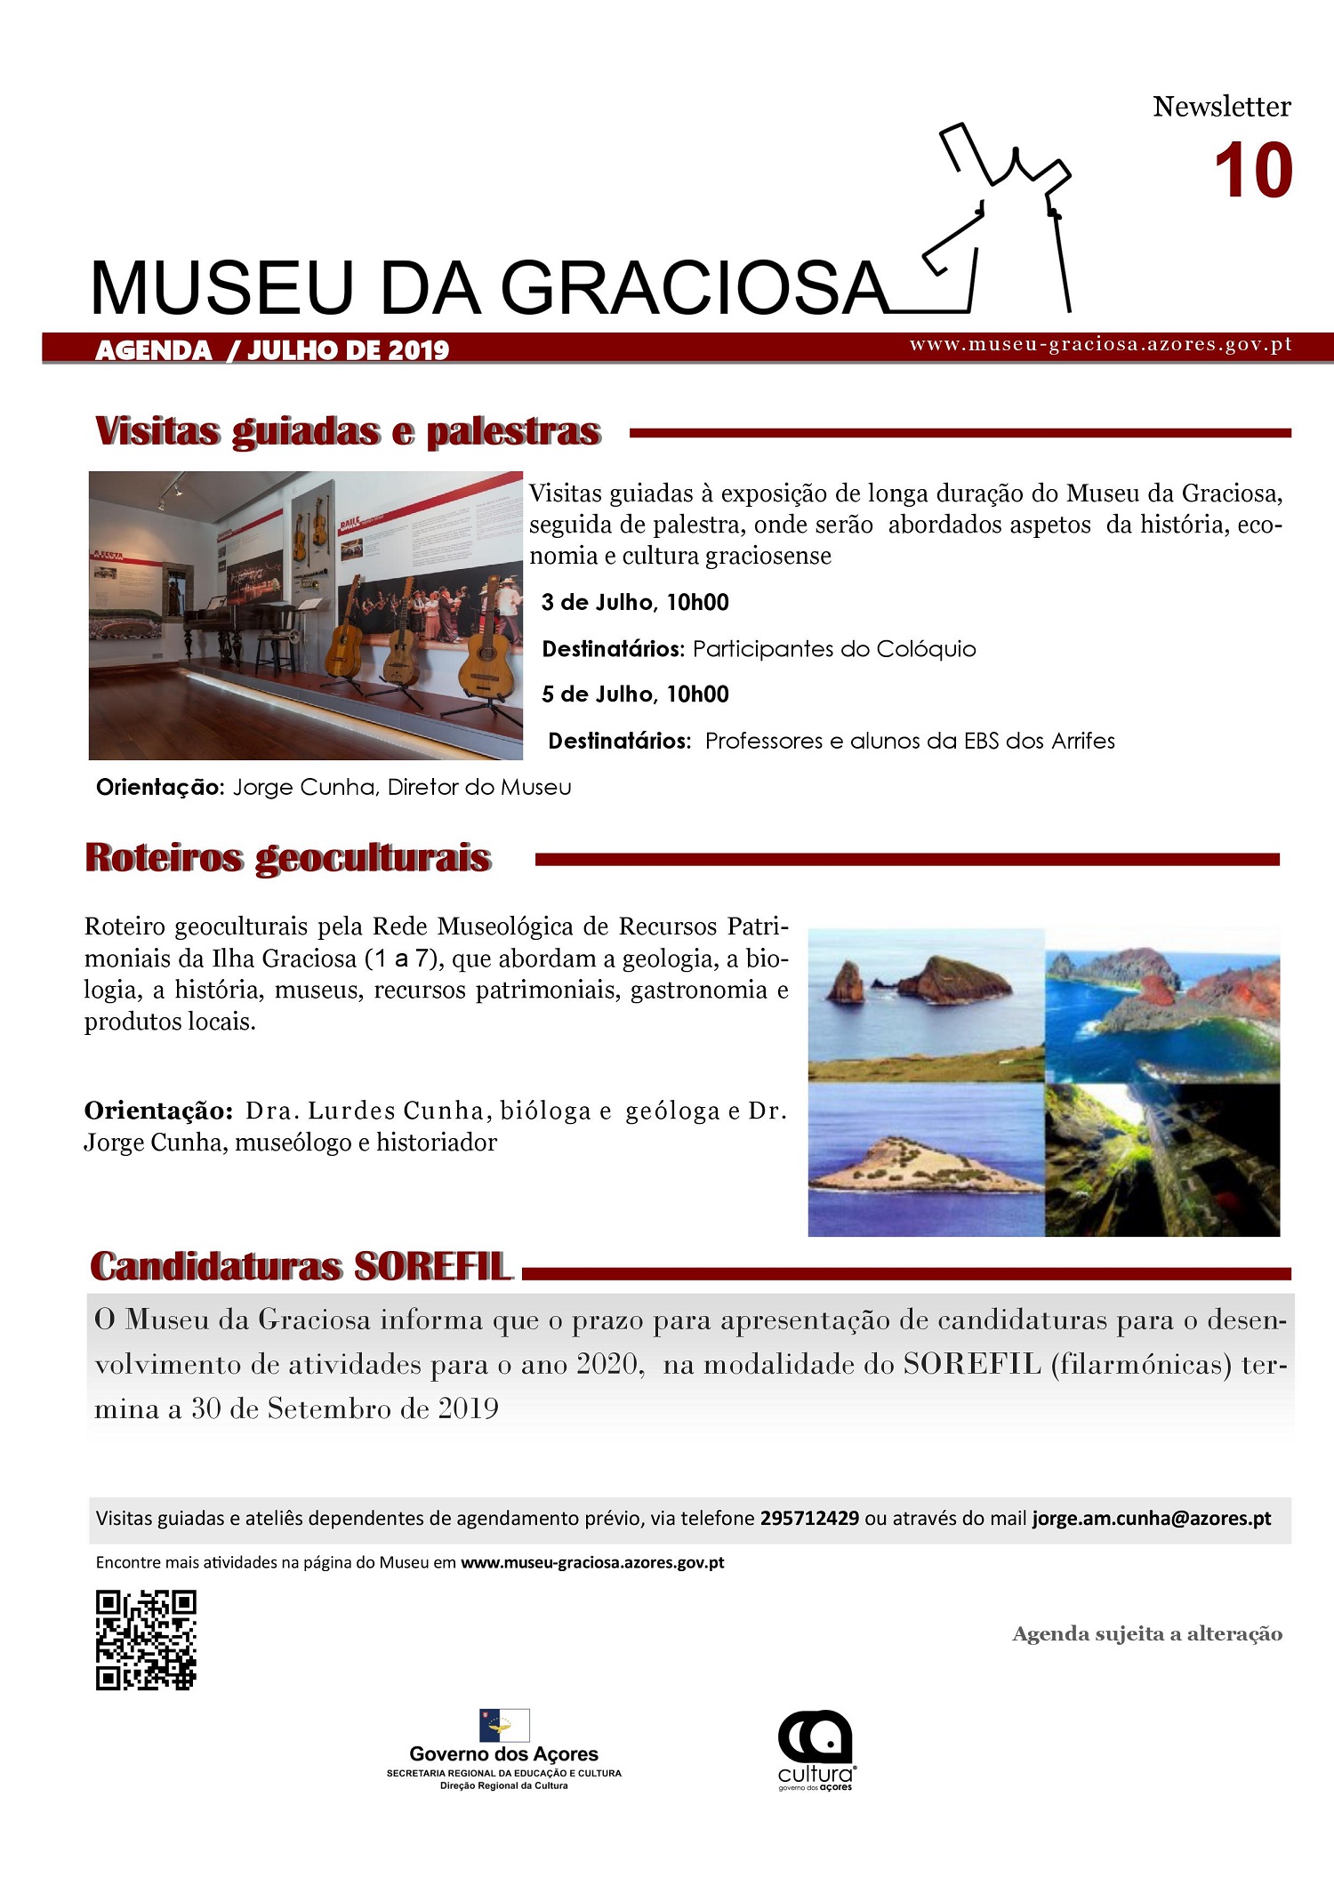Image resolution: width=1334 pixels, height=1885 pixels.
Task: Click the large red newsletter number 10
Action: [1252, 172]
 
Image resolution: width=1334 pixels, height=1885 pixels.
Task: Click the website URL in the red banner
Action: [1100, 345]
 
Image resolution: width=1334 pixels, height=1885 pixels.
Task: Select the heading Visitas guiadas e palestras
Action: [348, 431]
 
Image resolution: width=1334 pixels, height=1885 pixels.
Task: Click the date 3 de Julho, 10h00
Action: [635, 603]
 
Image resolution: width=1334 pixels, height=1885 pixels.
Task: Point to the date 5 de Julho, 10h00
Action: [635, 694]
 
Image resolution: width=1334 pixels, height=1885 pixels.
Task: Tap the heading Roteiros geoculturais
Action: [288, 858]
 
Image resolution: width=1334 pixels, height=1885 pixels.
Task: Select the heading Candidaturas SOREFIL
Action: [301, 1267]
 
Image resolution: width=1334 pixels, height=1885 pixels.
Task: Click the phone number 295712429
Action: [809, 1519]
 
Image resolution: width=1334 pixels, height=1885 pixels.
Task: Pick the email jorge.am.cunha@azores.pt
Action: [1152, 1519]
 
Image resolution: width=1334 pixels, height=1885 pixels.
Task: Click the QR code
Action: [146, 1640]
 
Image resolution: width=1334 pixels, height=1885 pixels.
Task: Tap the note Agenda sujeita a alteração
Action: [1147, 1634]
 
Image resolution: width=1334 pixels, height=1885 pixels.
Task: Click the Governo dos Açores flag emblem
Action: [504, 1725]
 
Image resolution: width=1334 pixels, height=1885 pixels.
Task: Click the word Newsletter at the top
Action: [1222, 107]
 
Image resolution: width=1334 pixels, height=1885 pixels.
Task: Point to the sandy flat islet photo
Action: [925, 1160]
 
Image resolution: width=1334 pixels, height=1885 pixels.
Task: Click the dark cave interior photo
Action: [1162, 1160]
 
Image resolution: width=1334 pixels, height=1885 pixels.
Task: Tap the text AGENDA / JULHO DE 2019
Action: [272, 350]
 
